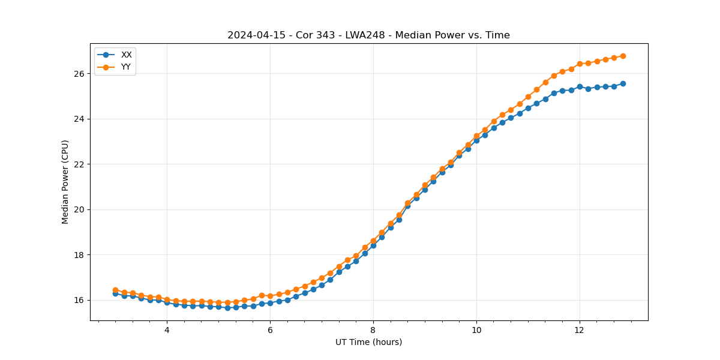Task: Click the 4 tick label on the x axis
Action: [x=167, y=330]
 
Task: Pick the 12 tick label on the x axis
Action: [x=580, y=330]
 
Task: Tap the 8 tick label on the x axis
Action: [x=373, y=330]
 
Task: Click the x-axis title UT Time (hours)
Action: [x=368, y=342]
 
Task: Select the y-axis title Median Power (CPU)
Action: [x=65, y=182]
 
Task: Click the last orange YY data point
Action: [x=623, y=56]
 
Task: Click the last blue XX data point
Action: [x=623, y=83]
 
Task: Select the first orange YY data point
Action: [x=115, y=290]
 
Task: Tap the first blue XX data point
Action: [x=115, y=293]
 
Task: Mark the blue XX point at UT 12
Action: [x=580, y=86]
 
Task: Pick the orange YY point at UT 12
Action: [x=580, y=64]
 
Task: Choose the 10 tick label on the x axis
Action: [x=476, y=330]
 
